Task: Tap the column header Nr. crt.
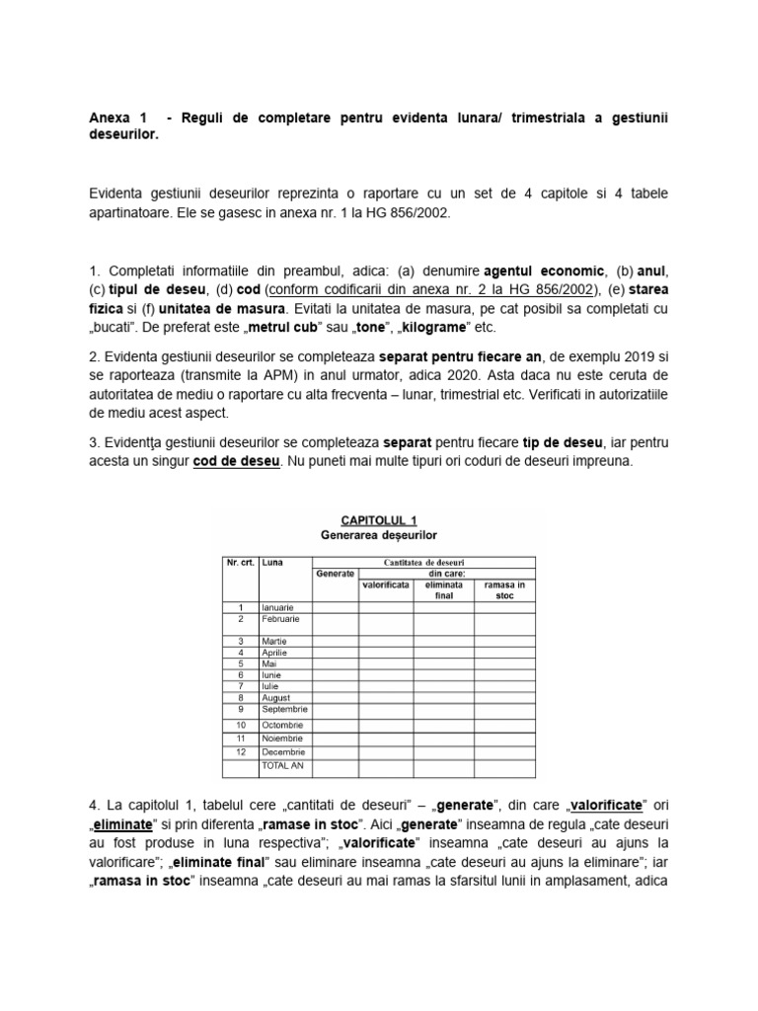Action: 240,562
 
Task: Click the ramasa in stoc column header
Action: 504,589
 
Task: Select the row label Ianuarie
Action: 278,606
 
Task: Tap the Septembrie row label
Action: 284,709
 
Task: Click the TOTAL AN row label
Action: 282,765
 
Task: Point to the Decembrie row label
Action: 282,751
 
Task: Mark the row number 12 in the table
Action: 240,751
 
